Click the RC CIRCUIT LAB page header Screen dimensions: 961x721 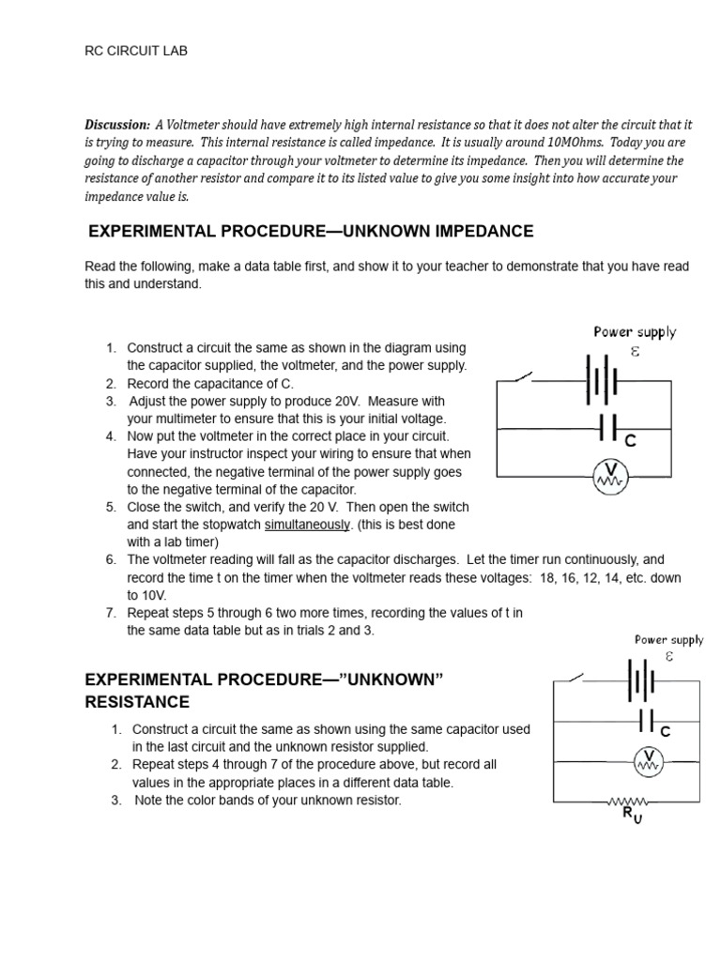[x=136, y=51]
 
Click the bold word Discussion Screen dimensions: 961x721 [x=116, y=125]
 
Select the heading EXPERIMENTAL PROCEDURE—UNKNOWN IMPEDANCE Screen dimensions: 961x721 [x=311, y=231]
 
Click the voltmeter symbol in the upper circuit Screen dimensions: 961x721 [x=609, y=476]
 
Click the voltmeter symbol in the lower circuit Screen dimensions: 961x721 [x=648, y=761]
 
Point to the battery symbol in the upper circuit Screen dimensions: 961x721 [x=603, y=382]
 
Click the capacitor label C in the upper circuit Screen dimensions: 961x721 [x=632, y=440]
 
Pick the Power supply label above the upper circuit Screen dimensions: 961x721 [x=635, y=331]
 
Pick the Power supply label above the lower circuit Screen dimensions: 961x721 [x=668, y=640]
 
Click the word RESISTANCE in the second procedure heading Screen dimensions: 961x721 [x=137, y=702]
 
